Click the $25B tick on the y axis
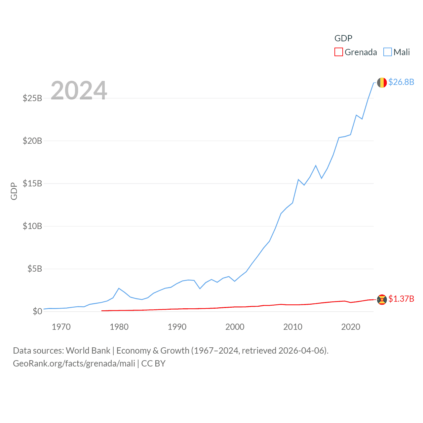pyautogui.click(x=32, y=98)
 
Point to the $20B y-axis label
pyautogui.click(x=32, y=141)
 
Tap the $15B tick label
pyautogui.click(x=32, y=183)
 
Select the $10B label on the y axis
pyautogui.click(x=32, y=226)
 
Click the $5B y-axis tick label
pyautogui.click(x=35, y=269)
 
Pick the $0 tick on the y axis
pyautogui.click(x=37, y=311)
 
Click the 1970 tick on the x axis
pyautogui.click(x=61, y=327)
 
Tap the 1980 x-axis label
pyautogui.click(x=119, y=327)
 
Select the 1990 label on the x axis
pyautogui.click(x=177, y=327)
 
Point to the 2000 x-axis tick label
pyautogui.click(x=235, y=327)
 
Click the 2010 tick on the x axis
pyautogui.click(x=293, y=327)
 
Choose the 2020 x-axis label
pyautogui.click(x=351, y=327)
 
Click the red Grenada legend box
pyautogui.click(x=339, y=52)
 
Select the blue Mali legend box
pyautogui.click(x=388, y=52)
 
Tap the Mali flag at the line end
pyautogui.click(x=382, y=83)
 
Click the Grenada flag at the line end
pyautogui.click(x=382, y=299)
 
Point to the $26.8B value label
pyautogui.click(x=401, y=82)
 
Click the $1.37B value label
pyautogui.click(x=401, y=299)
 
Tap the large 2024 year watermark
pyautogui.click(x=79, y=90)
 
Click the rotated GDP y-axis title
pyautogui.click(x=14, y=191)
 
